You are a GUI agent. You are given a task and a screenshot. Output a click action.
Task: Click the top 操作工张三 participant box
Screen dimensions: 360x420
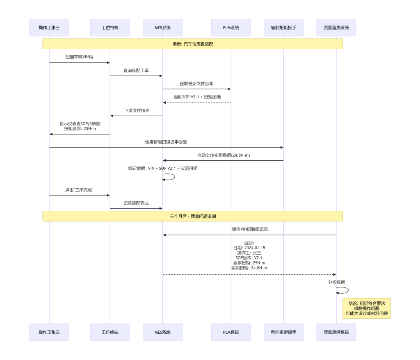pos(49,27)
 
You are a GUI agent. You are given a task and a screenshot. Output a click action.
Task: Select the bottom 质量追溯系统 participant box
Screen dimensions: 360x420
pos(336,332)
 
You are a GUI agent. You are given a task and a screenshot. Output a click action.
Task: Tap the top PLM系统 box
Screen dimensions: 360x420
pos(231,27)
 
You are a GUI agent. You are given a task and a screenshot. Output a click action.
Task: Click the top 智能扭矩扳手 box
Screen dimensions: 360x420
pos(284,27)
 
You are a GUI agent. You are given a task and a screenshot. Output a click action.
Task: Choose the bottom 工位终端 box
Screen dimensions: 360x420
pos(110,332)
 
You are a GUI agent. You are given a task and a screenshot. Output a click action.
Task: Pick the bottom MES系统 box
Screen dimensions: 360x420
pos(162,332)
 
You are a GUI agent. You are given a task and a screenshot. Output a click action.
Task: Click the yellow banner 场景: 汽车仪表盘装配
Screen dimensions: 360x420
pos(192,44)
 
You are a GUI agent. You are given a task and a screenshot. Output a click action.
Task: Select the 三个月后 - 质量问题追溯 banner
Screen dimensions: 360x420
pos(192,216)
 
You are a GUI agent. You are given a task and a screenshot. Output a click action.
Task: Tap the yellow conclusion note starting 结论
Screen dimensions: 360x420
pos(367,308)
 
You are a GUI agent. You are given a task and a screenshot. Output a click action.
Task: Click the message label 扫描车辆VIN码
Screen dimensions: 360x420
pos(79,57)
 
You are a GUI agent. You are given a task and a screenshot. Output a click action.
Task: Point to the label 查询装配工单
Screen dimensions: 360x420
pos(136,71)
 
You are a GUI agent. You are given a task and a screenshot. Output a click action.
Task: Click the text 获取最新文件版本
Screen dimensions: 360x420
pos(196,84)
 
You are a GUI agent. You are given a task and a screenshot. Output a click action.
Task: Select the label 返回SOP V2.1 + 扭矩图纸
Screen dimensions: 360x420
pos(197,97)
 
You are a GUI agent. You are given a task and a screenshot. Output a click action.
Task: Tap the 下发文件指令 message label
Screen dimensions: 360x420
pos(137,110)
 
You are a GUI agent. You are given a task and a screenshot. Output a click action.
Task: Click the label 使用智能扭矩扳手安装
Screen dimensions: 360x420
pos(167,142)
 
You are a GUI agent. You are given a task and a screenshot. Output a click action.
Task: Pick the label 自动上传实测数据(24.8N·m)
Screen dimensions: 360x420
pos(224,155)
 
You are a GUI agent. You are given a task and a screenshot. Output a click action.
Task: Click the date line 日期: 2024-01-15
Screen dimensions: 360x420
pos(249,248)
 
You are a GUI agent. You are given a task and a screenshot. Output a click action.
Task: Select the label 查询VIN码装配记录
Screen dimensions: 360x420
pos(249,229)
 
